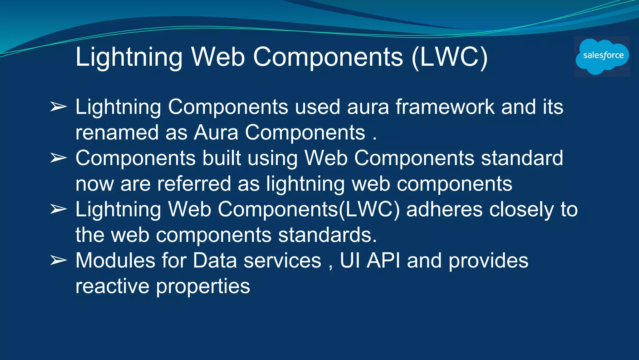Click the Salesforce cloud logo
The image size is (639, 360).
tap(602, 56)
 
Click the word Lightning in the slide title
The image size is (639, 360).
tap(129, 57)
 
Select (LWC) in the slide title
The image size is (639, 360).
tap(449, 57)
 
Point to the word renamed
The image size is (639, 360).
tap(117, 132)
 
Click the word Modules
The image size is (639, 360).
tap(115, 260)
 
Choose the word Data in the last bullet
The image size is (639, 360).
tap(215, 260)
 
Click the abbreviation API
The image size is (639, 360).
tap(383, 260)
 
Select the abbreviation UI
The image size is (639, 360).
tap(350, 260)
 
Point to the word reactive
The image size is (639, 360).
tap(112, 286)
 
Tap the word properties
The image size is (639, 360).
tap(203, 287)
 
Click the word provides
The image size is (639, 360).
tap(488, 261)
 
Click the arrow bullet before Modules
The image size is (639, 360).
tap(58, 260)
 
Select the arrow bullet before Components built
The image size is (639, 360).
tap(58, 158)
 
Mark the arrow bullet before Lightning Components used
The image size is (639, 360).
tap(58, 107)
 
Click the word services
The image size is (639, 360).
tap(282, 260)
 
